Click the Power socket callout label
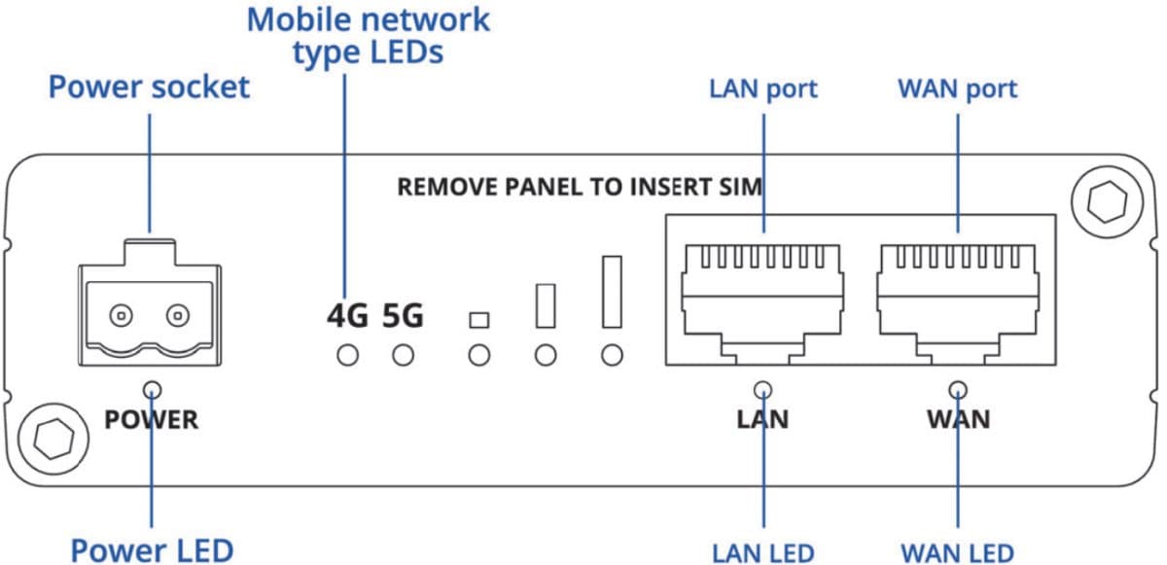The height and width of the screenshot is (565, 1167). (x=149, y=88)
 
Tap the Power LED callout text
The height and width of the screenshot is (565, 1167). (x=152, y=549)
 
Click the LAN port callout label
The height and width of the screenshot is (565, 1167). (x=763, y=88)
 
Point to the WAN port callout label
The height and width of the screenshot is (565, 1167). (x=957, y=88)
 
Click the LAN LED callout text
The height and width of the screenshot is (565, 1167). (x=763, y=552)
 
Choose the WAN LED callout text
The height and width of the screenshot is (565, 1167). (x=957, y=552)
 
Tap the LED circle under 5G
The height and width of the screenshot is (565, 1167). (x=403, y=356)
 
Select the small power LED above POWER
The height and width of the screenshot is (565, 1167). (x=152, y=391)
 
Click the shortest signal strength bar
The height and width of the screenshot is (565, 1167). (x=477, y=320)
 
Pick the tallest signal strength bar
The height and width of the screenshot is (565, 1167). (x=612, y=291)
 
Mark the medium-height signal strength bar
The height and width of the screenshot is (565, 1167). (x=546, y=304)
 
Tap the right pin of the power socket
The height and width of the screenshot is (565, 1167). (x=177, y=315)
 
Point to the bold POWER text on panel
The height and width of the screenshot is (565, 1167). (x=152, y=420)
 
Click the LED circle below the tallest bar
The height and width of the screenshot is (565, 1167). (x=612, y=356)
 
